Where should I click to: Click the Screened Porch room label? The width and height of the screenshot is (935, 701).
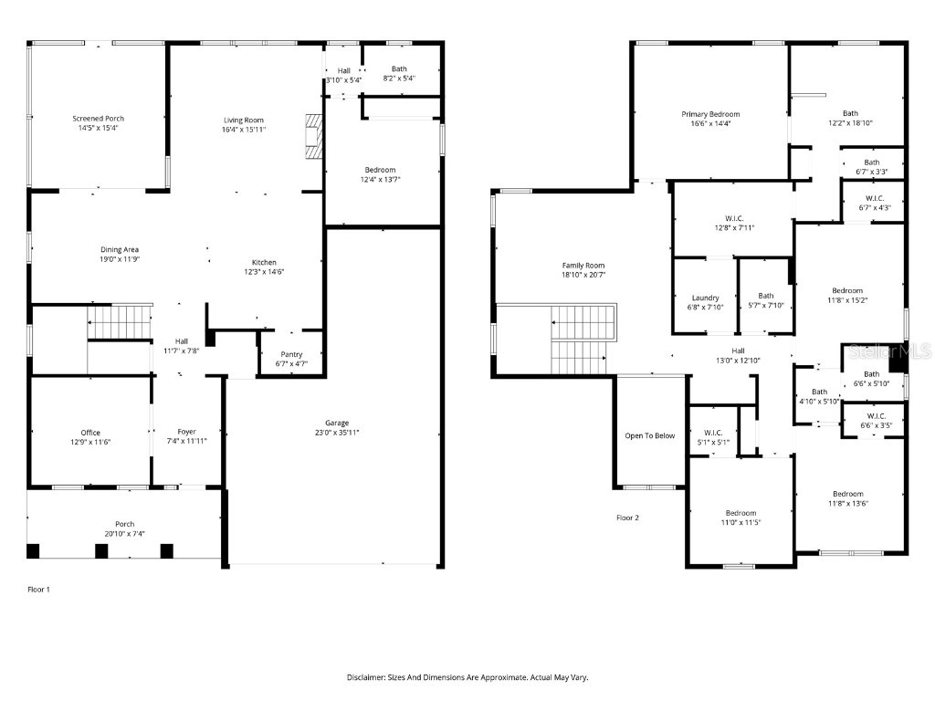click(x=98, y=119)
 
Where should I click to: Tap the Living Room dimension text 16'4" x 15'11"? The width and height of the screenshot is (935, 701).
click(x=244, y=130)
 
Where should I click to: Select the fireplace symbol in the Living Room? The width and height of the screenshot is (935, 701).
click(x=314, y=136)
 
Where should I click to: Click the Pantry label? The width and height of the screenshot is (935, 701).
click(x=291, y=354)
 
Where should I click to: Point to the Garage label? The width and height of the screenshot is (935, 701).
click(x=337, y=423)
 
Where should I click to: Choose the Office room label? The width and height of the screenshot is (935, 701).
click(x=90, y=433)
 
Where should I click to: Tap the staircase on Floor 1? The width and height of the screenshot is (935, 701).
click(x=119, y=322)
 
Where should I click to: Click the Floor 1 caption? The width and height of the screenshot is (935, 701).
click(x=39, y=590)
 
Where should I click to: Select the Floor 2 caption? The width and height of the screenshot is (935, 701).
click(x=627, y=518)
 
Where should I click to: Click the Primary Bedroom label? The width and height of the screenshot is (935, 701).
click(x=710, y=114)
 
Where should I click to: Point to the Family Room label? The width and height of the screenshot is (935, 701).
click(x=583, y=265)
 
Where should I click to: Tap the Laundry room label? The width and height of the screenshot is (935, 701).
click(x=705, y=298)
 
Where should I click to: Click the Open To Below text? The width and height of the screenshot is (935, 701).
click(x=649, y=435)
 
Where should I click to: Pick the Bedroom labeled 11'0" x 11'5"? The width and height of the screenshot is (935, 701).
click(x=741, y=513)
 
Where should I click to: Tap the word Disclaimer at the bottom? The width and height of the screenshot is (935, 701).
click(x=370, y=677)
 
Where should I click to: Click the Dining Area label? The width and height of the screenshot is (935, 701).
click(x=120, y=249)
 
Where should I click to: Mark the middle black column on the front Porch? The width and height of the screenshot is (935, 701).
click(x=100, y=550)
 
